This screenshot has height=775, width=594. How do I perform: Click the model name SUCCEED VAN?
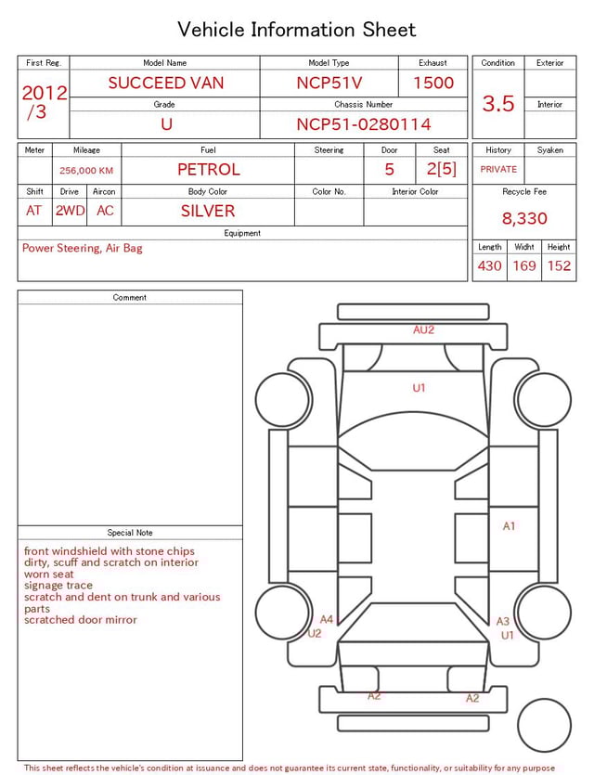(165, 83)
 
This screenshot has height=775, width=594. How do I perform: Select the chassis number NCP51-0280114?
(363, 124)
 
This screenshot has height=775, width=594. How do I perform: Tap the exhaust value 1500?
(433, 83)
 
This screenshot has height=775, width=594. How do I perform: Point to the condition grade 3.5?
(498, 104)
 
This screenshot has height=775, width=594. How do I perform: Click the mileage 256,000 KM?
(86, 171)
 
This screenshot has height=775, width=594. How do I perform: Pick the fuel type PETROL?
(208, 169)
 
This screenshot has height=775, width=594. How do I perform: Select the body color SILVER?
(208, 211)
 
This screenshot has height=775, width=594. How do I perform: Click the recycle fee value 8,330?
(524, 219)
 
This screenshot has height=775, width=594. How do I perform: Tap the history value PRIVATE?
(498, 170)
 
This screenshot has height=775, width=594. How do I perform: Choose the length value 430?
(489, 266)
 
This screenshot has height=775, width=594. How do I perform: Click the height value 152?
(559, 266)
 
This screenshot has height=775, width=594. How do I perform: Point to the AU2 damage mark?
(423, 329)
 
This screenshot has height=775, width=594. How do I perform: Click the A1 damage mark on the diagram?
(509, 526)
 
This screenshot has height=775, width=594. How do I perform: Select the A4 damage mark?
(327, 619)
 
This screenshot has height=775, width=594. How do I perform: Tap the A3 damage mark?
(503, 622)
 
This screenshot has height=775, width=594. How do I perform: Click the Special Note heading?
(130, 533)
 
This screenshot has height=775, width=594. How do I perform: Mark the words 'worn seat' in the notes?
(50, 574)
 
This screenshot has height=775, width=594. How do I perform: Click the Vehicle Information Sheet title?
(297, 30)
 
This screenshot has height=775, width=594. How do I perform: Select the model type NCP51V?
(329, 83)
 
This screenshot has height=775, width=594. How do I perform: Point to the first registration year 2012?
(44, 93)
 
